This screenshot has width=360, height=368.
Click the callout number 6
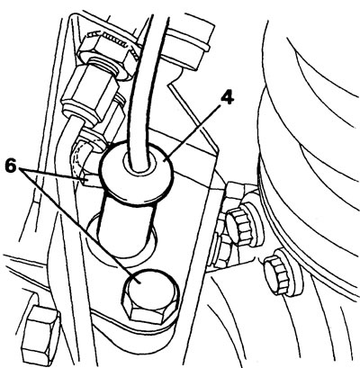tap(11, 166)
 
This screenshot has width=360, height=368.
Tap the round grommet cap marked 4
tap(137, 174)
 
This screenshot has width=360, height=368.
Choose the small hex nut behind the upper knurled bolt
tap(223, 251)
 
